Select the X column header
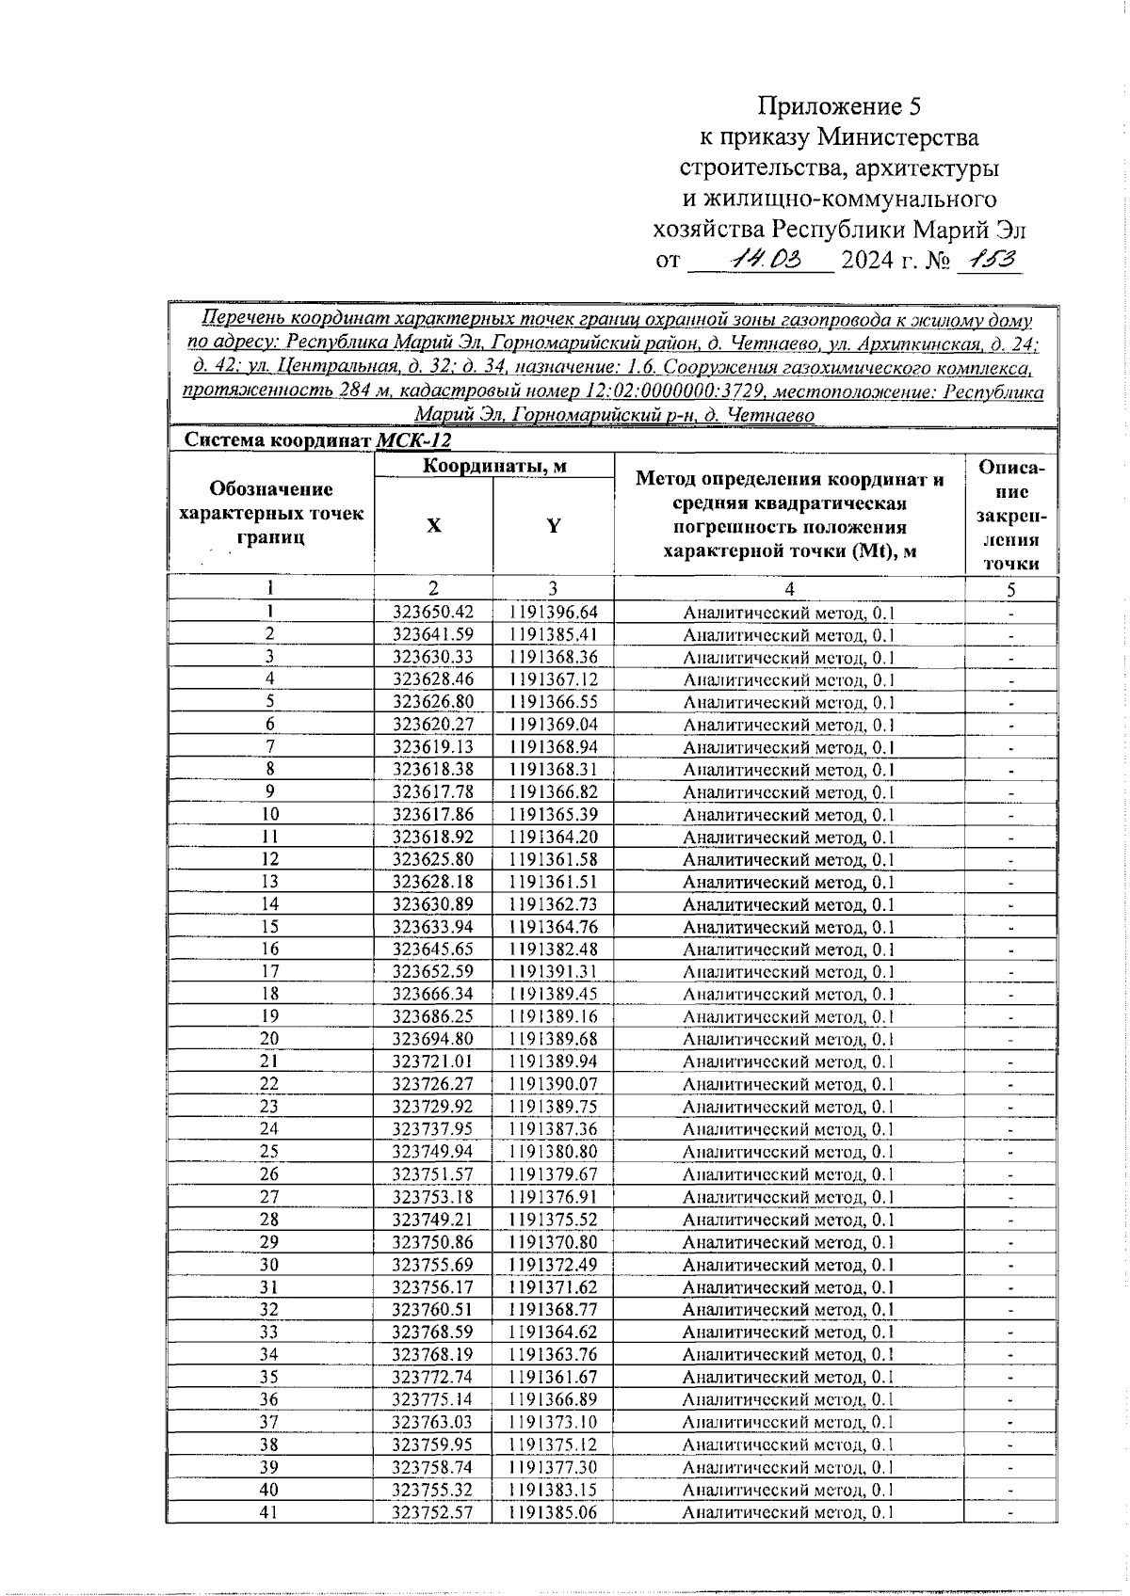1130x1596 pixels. pos(432,526)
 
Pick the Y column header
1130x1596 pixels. pos(554,526)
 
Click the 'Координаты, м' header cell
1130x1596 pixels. pos(493,465)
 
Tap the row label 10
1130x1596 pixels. pos(269,815)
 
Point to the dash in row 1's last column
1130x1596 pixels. pos(1010,614)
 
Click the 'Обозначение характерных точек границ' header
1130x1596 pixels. pos(271,514)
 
